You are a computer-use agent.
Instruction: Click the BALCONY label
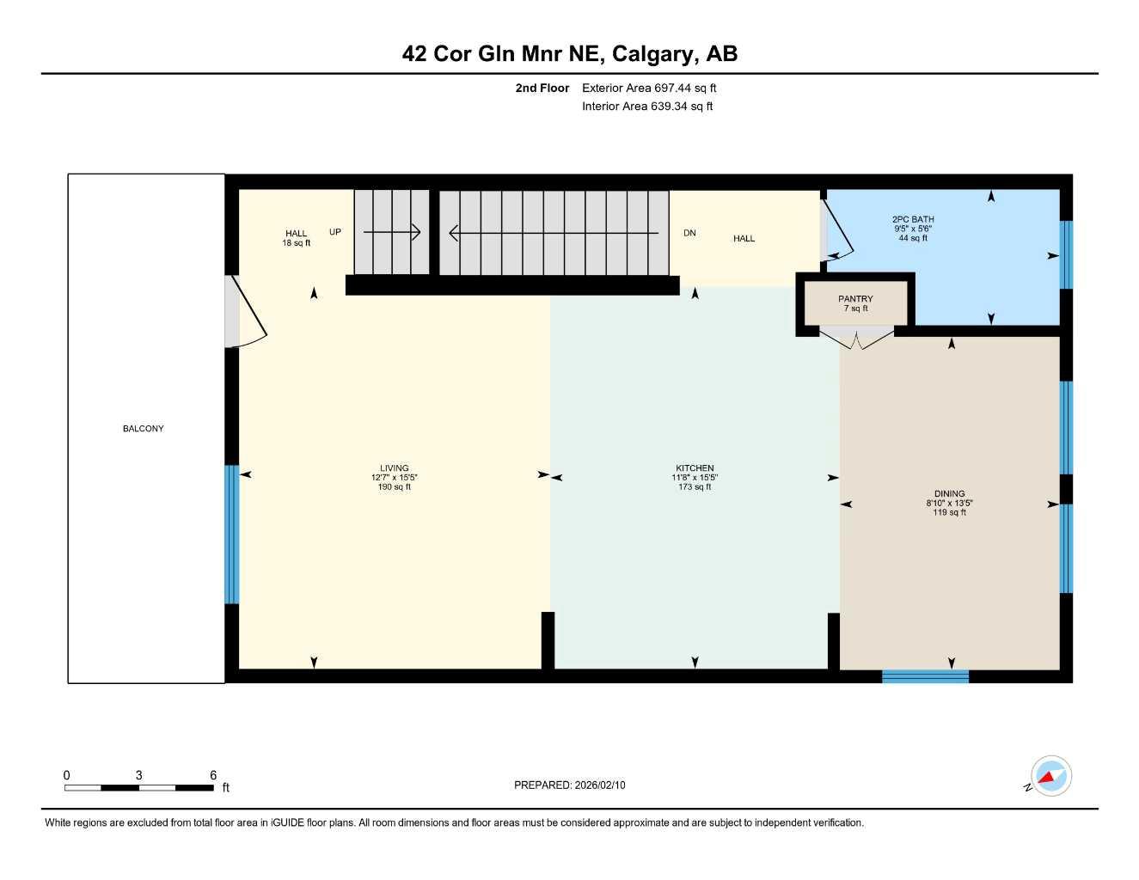[x=143, y=429]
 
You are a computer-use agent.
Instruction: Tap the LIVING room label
[x=395, y=468]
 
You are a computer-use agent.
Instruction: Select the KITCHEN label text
[x=695, y=468]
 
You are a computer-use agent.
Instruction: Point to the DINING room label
[x=949, y=494]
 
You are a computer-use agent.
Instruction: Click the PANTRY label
[x=855, y=299]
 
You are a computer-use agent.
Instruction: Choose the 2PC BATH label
[x=913, y=220]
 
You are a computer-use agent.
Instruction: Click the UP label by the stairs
[x=335, y=232]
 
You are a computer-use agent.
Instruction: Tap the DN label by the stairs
[x=689, y=233]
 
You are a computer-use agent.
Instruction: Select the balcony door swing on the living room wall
[x=248, y=311]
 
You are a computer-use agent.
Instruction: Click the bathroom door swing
[x=836, y=227]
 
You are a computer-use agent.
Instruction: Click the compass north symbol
[x=1050, y=777]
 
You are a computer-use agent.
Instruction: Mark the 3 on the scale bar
[x=139, y=775]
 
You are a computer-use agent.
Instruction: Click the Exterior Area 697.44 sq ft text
[x=649, y=88]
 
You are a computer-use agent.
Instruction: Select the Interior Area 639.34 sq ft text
[x=647, y=107]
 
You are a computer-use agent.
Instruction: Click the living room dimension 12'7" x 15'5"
[x=395, y=478]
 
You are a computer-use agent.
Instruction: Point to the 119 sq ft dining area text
[x=949, y=513]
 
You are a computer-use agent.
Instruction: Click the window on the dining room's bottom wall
[x=925, y=676]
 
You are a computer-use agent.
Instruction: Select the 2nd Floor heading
[x=542, y=88]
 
